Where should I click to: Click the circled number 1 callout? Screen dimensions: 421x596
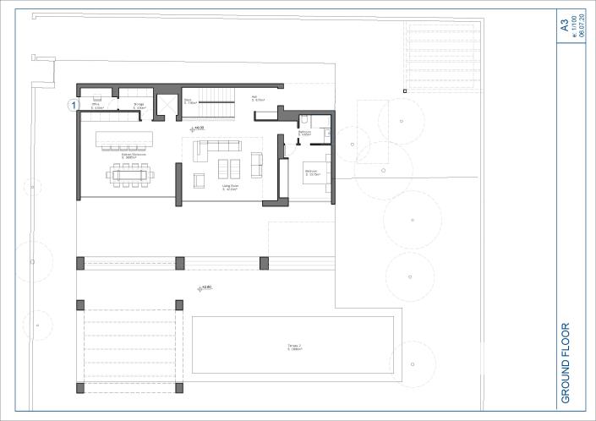(x=74, y=105)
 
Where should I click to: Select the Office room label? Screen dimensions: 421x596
(x=97, y=106)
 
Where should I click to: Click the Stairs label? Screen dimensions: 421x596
(x=191, y=101)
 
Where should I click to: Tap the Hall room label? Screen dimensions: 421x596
(x=255, y=98)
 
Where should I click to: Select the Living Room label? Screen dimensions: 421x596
(x=228, y=189)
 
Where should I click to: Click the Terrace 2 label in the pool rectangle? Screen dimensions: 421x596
(x=294, y=347)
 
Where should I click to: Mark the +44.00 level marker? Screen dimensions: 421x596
(x=199, y=128)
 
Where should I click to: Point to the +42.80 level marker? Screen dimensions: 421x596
(x=205, y=288)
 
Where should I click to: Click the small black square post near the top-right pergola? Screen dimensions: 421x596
(x=405, y=90)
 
